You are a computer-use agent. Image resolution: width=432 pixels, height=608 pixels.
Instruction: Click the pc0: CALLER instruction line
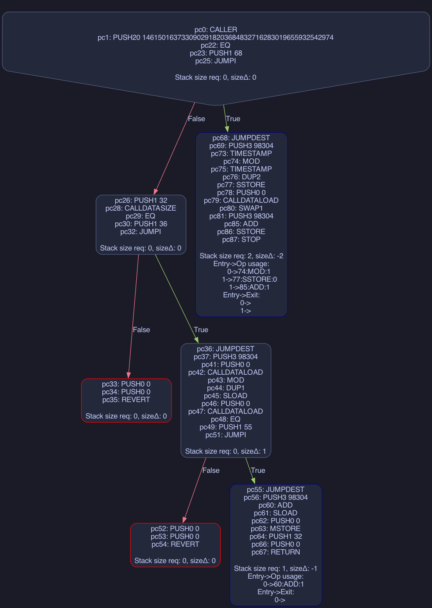[216, 30]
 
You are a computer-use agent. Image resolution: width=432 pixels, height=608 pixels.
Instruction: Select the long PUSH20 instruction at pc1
[216, 38]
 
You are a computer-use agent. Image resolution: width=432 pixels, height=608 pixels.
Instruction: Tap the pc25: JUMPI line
[216, 61]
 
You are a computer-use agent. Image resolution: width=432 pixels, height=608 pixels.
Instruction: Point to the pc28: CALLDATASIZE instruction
[141, 208]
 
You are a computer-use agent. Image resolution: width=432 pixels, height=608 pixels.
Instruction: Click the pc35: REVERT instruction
[126, 400]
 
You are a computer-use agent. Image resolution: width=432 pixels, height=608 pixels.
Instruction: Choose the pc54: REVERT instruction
[175, 544]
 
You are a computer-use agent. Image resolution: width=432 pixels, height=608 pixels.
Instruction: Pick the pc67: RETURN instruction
[276, 552]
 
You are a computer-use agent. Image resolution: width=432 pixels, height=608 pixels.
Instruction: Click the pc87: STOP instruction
[241, 240]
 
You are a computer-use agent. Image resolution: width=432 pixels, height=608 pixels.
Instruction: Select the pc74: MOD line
[241, 161]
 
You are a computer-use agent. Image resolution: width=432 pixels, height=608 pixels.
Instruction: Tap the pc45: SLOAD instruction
[225, 396]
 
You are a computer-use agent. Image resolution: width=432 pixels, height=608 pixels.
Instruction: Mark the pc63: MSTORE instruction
[276, 529]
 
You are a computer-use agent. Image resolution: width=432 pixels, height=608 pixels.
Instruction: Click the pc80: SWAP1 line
[241, 208]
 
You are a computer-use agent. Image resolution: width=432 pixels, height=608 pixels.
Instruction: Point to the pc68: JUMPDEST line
[241, 138]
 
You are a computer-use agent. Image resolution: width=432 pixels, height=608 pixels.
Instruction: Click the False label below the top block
[196, 119]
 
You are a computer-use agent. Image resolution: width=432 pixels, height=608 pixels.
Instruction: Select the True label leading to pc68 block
[233, 119]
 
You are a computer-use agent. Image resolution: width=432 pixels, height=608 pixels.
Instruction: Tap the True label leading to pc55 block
[258, 470]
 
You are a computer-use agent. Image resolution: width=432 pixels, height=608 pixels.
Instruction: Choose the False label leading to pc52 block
[211, 470]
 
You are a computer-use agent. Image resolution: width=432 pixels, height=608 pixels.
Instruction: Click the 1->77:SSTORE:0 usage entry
[250, 279]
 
